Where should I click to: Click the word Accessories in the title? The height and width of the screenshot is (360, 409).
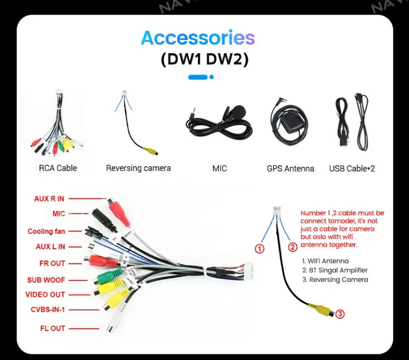pyautogui.click(x=198, y=38)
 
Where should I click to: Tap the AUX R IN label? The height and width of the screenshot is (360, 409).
pyautogui.click(x=49, y=198)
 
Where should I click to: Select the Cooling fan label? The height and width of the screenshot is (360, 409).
pyautogui.click(x=46, y=231)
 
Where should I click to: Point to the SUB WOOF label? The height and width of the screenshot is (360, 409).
pyautogui.click(x=44, y=280)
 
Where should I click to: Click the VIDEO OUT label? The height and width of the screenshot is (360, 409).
pyautogui.click(x=45, y=295)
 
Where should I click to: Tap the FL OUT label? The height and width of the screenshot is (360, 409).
pyautogui.click(x=52, y=328)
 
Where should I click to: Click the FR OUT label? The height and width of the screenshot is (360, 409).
pyautogui.click(x=52, y=263)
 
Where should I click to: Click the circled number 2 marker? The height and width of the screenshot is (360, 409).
pyautogui.click(x=293, y=247)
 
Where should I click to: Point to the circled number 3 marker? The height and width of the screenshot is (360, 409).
pyautogui.click(x=339, y=314)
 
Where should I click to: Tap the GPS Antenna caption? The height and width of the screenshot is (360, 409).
pyautogui.click(x=290, y=168)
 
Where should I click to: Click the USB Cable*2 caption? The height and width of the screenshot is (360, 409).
pyautogui.click(x=352, y=168)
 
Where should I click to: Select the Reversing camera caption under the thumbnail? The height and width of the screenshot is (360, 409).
pyautogui.click(x=138, y=168)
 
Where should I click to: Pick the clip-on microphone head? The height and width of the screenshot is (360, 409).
pyautogui.click(x=236, y=110)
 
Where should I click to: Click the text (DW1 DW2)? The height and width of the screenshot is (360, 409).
pyautogui.click(x=204, y=60)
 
